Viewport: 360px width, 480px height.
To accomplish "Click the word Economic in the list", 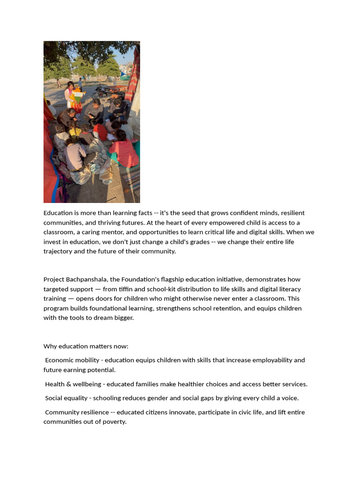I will point(60,360).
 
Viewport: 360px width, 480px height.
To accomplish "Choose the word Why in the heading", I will point(50,346).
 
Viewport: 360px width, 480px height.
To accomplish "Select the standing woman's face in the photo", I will point(70,86).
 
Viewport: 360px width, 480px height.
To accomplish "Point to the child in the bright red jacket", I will point(100,131).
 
